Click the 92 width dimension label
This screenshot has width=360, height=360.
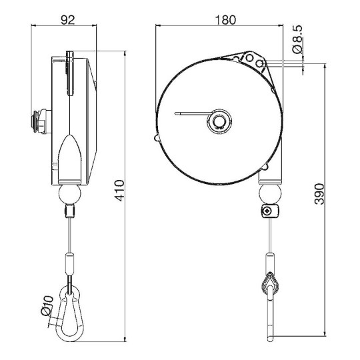(x=67, y=20)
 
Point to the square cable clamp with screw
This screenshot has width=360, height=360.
(x=268, y=212)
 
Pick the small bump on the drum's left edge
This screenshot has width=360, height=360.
(x=157, y=139)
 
